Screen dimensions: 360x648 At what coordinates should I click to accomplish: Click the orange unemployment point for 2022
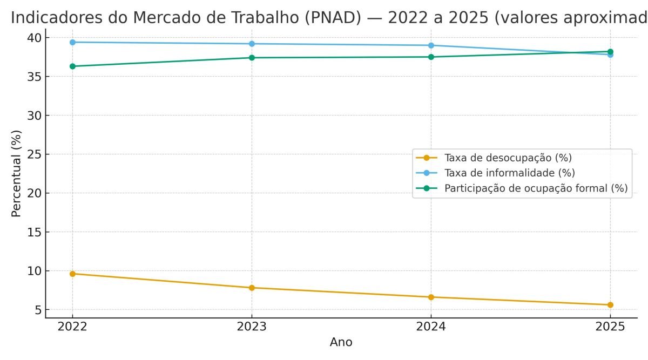(72, 274)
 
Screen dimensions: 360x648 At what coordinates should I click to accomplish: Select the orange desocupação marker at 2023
(252, 288)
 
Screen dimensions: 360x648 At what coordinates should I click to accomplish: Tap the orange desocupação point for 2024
(431, 297)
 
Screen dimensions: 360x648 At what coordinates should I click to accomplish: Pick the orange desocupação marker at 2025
(610, 305)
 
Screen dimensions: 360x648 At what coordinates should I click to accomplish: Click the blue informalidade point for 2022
(72, 42)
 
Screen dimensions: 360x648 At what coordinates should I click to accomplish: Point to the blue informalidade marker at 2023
(252, 44)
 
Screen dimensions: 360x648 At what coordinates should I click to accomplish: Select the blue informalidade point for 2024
(431, 45)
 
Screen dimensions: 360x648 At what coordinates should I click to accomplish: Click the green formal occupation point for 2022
(72, 66)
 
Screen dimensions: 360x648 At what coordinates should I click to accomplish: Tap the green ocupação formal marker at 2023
(252, 58)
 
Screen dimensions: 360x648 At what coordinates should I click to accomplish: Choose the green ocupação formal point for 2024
(431, 57)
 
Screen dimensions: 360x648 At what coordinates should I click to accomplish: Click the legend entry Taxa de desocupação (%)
(508, 158)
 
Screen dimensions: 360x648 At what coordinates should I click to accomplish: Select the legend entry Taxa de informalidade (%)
(509, 173)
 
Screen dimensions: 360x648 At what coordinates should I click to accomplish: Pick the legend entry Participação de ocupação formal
(536, 188)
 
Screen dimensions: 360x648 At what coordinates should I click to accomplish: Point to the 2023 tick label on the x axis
(252, 327)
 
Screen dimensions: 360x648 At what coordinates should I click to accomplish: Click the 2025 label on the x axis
(610, 327)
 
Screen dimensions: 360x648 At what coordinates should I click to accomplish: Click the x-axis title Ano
(341, 342)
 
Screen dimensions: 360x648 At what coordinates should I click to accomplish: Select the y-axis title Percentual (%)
(17, 174)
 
